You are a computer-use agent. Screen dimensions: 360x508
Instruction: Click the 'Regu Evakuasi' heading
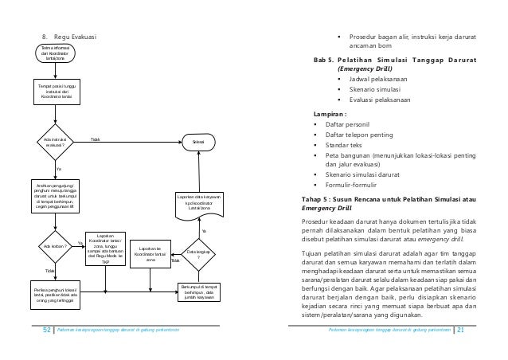[76, 37]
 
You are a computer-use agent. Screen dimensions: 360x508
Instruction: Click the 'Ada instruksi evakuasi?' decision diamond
[55, 143]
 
